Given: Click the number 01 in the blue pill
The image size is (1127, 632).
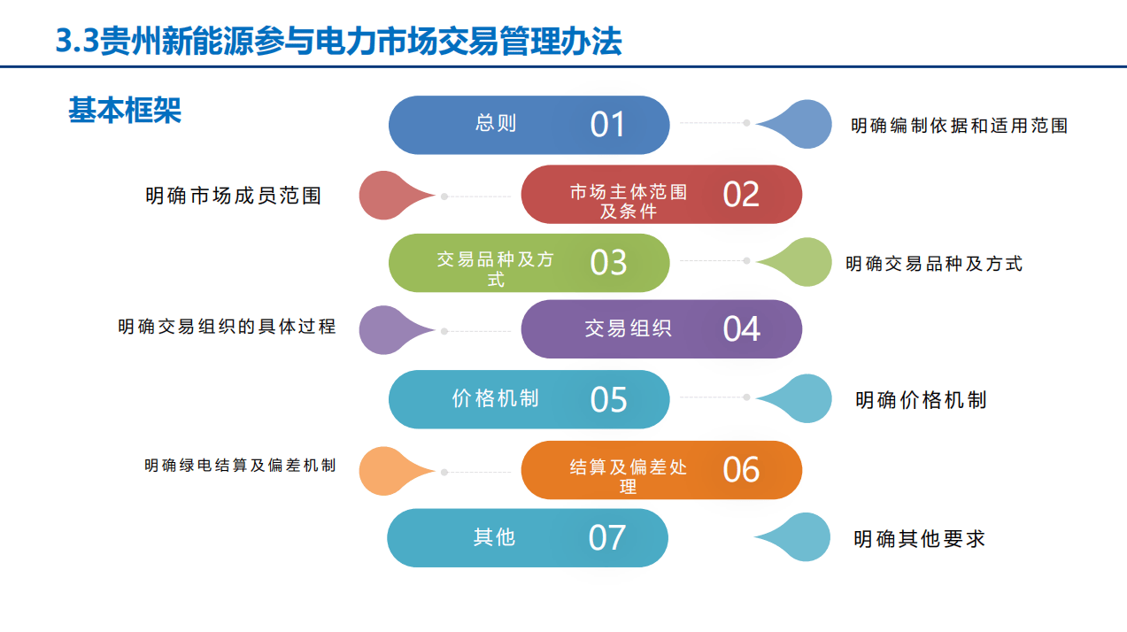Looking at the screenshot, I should coord(607,125).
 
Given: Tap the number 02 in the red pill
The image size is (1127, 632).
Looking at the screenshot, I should coord(741,195).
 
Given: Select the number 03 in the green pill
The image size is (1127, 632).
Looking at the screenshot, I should coord(608,262).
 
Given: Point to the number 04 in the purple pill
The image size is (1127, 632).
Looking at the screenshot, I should coord(741,329).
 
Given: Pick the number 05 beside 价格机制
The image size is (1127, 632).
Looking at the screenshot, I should coord(608,400).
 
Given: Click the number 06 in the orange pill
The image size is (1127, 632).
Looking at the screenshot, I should coord(741,469).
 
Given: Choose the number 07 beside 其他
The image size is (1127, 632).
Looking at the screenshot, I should coord(606,537).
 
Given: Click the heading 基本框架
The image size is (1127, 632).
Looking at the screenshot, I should coord(125,110).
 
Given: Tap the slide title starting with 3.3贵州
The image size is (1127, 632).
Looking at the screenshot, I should coord(338,42).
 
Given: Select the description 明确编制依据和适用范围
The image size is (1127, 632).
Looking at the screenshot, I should coord(959,126).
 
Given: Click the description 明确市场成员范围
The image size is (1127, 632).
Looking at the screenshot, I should coord(234,196).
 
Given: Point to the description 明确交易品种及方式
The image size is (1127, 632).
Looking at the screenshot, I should coord(934,263).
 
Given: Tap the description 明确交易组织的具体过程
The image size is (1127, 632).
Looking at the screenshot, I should coord(227,327).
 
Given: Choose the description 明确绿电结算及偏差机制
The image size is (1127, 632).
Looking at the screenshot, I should coord(240,466).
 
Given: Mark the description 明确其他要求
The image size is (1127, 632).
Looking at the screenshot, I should coord(919,539).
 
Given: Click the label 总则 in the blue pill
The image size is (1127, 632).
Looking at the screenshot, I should coord(495,124).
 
